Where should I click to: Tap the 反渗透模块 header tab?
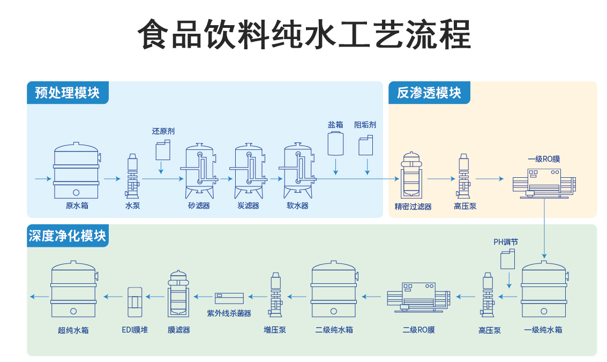click(x=429, y=93)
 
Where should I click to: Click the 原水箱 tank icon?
click(x=76, y=170)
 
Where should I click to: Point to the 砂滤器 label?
click(x=199, y=206)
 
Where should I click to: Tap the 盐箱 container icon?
click(x=336, y=144)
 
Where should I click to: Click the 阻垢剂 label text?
click(x=365, y=125)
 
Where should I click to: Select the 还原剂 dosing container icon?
click(x=163, y=150)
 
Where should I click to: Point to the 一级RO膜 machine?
click(x=543, y=182)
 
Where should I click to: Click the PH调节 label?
click(x=505, y=242)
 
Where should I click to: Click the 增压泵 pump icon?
click(x=276, y=295)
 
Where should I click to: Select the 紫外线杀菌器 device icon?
click(x=229, y=297)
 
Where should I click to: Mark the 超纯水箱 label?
click(x=73, y=330)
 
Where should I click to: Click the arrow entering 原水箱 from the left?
click(x=41, y=178)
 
